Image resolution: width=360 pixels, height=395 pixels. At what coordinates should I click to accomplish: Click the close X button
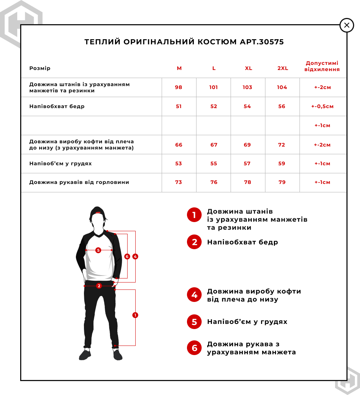(347, 25)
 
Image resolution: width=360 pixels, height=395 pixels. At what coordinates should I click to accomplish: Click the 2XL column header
(283, 69)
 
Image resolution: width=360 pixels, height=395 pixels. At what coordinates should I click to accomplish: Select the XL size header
(249, 69)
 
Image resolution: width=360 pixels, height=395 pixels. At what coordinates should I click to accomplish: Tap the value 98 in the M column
(179, 88)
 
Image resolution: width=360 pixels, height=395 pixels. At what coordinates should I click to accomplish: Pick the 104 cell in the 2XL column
(282, 88)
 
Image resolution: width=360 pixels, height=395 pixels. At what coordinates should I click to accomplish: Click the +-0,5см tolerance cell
(323, 107)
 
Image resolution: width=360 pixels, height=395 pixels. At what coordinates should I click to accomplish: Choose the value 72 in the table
(282, 145)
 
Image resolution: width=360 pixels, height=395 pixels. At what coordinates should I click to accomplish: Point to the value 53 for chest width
(179, 164)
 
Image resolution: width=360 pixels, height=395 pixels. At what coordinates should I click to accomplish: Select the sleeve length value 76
(214, 182)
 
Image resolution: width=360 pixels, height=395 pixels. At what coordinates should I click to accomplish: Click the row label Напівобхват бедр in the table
(57, 107)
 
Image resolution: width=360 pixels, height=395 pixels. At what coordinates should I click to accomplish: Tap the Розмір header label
(40, 69)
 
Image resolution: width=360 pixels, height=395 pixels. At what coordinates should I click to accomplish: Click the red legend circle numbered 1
(194, 215)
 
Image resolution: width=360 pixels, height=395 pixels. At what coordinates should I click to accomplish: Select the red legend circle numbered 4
(194, 295)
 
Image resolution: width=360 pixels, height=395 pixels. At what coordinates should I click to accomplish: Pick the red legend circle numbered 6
(194, 348)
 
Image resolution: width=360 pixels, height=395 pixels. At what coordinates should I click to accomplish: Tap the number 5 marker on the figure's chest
(98, 250)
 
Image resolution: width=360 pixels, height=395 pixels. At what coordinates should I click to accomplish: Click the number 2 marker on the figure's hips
(99, 286)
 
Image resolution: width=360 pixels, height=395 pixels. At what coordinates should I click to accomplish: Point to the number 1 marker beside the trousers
(135, 315)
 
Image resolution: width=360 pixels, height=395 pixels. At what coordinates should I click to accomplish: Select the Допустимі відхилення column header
(322, 66)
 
